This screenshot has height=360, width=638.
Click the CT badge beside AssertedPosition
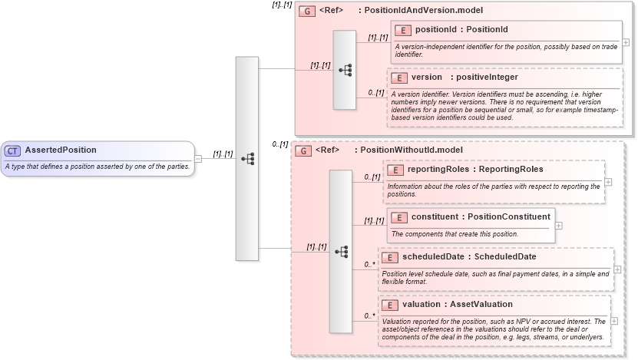click(x=13, y=150)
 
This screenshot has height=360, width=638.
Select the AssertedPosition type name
click(x=61, y=150)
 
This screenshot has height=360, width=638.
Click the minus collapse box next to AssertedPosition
click(x=198, y=158)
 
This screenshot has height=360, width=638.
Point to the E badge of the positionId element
click(x=403, y=30)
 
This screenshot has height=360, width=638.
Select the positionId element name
click(x=438, y=30)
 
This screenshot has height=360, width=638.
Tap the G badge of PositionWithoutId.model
click(x=303, y=151)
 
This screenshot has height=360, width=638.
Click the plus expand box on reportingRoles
click(x=608, y=182)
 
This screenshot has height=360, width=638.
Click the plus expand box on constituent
click(x=558, y=226)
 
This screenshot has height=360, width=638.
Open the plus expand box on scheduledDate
click(x=617, y=269)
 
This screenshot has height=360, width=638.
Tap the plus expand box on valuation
click(x=614, y=321)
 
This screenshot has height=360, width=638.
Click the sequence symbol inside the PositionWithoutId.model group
click(x=342, y=251)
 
